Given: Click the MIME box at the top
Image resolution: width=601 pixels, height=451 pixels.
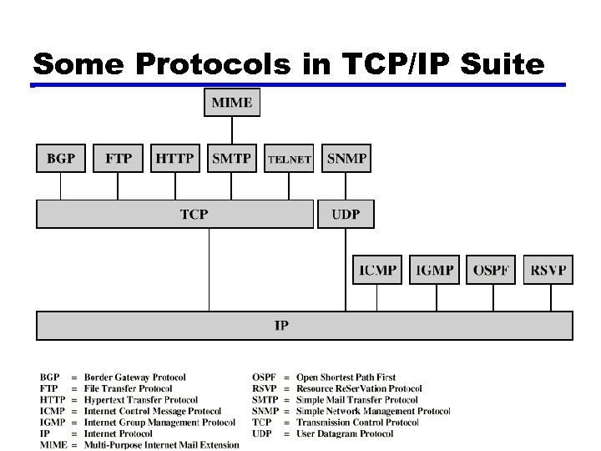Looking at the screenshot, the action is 233,103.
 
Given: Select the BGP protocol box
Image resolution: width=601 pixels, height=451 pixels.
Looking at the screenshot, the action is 61,158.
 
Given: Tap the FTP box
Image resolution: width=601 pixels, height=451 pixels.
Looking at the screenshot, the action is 118,158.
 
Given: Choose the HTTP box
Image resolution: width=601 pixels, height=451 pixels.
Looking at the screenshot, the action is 174,158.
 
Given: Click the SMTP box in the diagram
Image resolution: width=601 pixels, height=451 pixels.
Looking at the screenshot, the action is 232,158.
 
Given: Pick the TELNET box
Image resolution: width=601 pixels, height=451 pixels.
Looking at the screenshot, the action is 289,159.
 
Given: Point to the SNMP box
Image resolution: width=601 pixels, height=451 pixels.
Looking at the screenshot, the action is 346,158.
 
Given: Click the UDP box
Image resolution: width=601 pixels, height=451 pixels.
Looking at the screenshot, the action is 346,215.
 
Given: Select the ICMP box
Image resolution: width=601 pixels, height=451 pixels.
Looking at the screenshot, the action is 377,270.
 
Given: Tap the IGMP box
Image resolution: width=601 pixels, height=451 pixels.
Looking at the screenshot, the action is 434,270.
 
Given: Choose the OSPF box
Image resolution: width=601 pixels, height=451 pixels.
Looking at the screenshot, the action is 491,270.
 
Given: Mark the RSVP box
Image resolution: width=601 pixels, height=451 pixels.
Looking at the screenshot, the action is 548,270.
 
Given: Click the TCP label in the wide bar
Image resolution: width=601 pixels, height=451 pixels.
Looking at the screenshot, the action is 194,215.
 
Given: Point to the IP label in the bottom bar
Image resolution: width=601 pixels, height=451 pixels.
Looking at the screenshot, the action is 282,325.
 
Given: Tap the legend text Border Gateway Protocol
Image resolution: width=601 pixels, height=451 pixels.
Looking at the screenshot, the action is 134,378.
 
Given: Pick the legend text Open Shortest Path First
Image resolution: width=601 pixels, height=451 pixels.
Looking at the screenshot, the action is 346,378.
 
